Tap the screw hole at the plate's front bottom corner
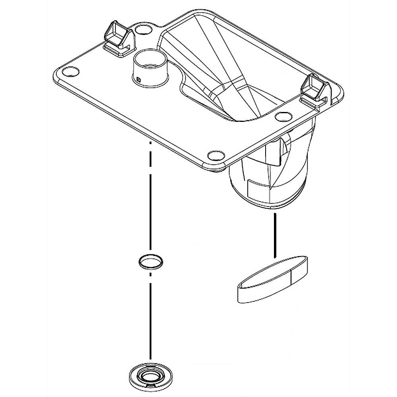point(216,154)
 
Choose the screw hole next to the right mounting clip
point(283,116)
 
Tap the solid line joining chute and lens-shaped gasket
point(274,234)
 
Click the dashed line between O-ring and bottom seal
point(150,318)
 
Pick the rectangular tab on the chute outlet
point(258,186)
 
